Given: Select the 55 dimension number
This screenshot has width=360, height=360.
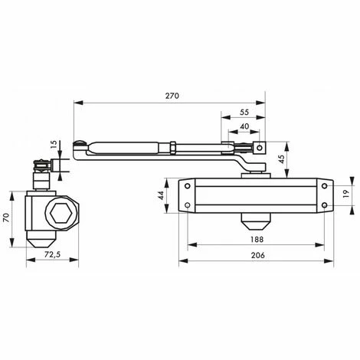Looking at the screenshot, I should coord(243,111).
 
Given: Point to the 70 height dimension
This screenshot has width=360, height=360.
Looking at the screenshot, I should coord(7,218).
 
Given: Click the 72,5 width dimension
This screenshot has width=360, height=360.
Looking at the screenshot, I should coord(53,254).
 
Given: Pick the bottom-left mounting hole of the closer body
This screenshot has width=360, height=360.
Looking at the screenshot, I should coord(185,204).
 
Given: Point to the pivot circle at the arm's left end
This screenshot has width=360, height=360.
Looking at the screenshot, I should coord(80,144).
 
